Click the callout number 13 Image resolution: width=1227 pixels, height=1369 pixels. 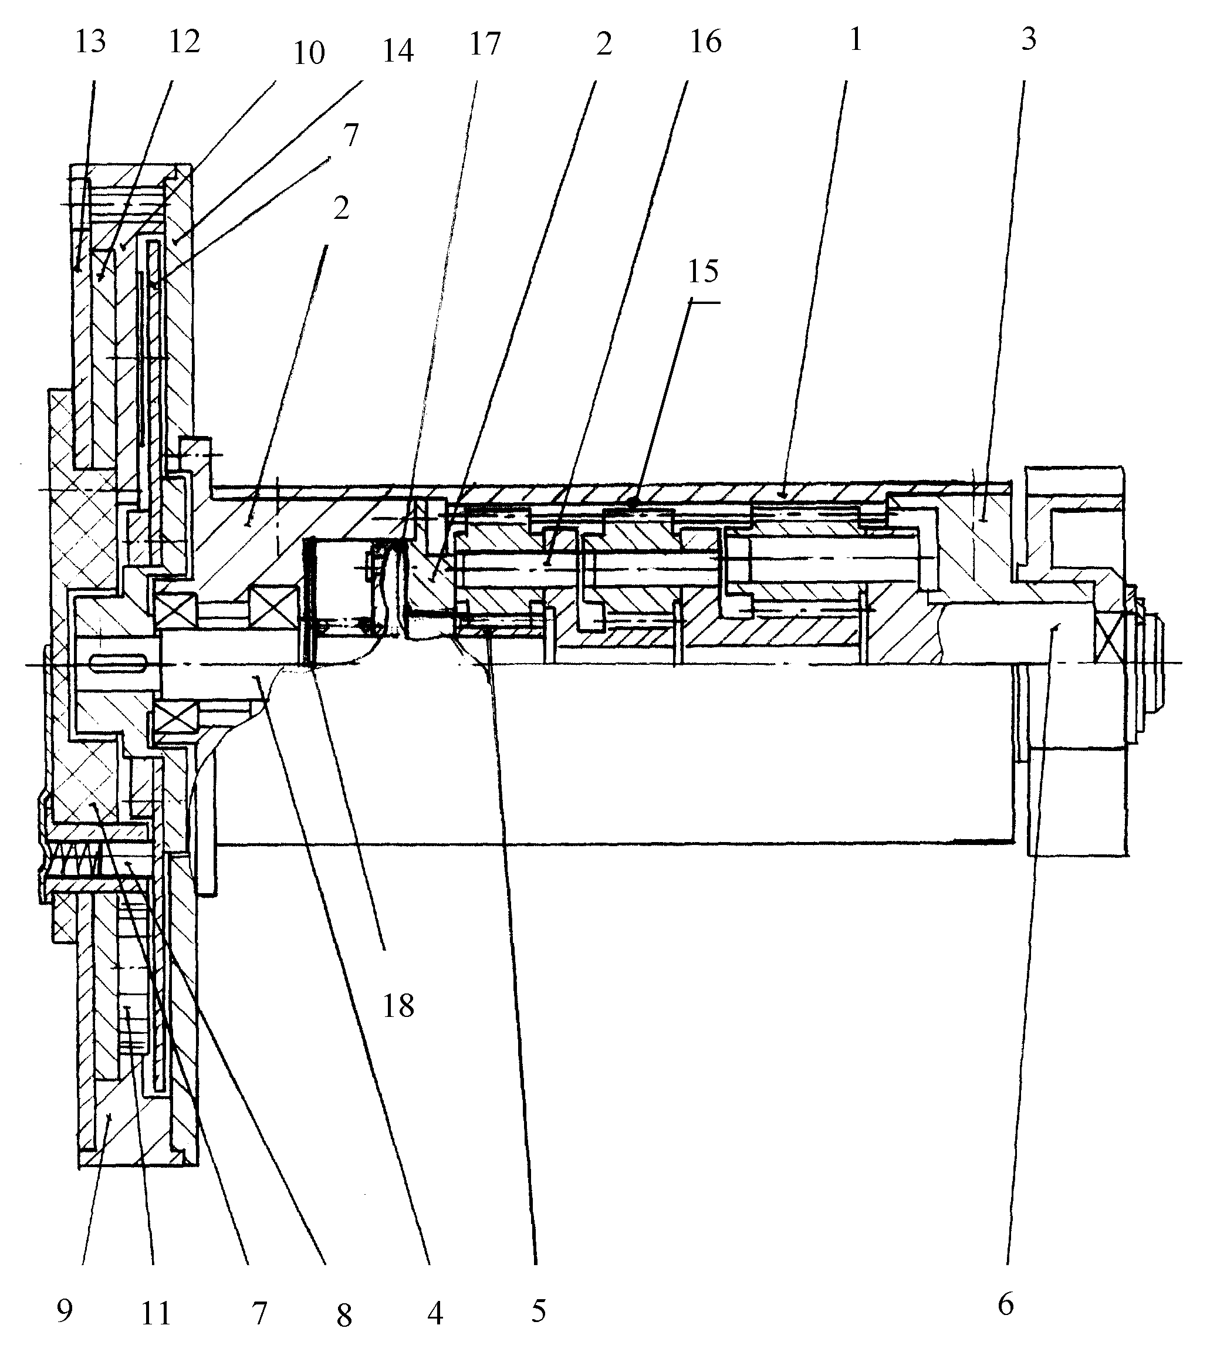point(90,42)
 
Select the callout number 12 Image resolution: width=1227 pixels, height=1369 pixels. point(184,42)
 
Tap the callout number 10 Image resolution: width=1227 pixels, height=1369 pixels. point(309,53)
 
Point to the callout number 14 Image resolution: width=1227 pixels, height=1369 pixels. point(397,51)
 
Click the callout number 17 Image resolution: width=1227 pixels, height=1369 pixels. point(485,45)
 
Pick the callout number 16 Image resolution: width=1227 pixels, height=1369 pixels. point(705,42)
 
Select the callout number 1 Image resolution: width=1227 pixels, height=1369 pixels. point(856,40)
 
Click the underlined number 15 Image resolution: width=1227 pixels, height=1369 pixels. point(703,272)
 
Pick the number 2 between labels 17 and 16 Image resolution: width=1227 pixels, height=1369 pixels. point(603,45)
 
